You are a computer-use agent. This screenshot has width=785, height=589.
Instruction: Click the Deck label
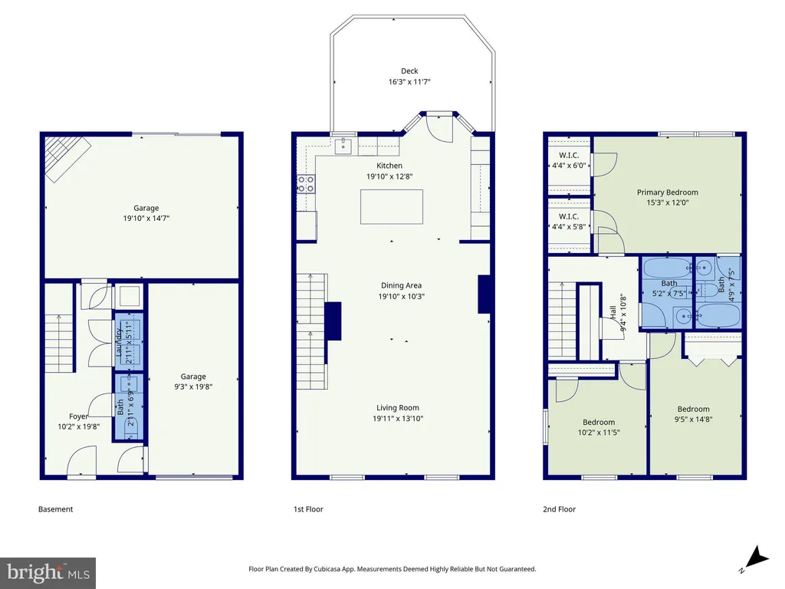409,71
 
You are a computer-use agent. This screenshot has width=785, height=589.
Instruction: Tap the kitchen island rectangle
392,207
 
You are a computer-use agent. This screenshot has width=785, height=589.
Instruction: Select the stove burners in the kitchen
306,184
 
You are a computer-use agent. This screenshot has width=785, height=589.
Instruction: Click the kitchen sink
343,146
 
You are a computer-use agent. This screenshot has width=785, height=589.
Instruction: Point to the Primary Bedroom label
668,192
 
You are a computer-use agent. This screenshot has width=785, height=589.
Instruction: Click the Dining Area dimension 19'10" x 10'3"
401,296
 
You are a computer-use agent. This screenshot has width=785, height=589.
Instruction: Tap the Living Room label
398,408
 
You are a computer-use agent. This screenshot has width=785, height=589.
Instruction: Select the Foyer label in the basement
79,416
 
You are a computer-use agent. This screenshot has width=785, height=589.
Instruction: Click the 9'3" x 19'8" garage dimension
193,387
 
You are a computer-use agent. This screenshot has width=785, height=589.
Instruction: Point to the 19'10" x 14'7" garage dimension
146,219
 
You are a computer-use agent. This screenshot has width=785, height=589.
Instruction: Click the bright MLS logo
48,573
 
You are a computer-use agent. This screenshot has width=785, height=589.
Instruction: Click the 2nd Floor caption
559,509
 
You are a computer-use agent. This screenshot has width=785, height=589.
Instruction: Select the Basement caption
55,509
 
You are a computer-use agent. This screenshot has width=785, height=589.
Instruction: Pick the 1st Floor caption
308,509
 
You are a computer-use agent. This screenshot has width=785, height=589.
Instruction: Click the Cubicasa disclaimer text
392,569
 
